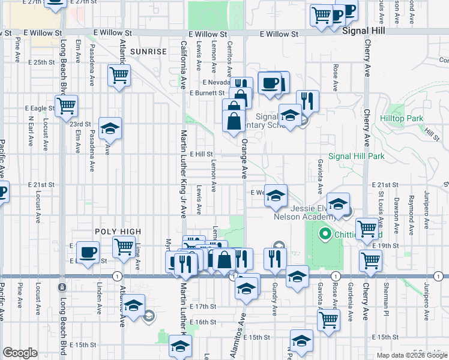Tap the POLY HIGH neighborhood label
point(118,232)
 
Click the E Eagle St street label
point(40,109)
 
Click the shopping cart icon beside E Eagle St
point(67,106)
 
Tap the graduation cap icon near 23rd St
point(110,128)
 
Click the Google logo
point(20,353)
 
